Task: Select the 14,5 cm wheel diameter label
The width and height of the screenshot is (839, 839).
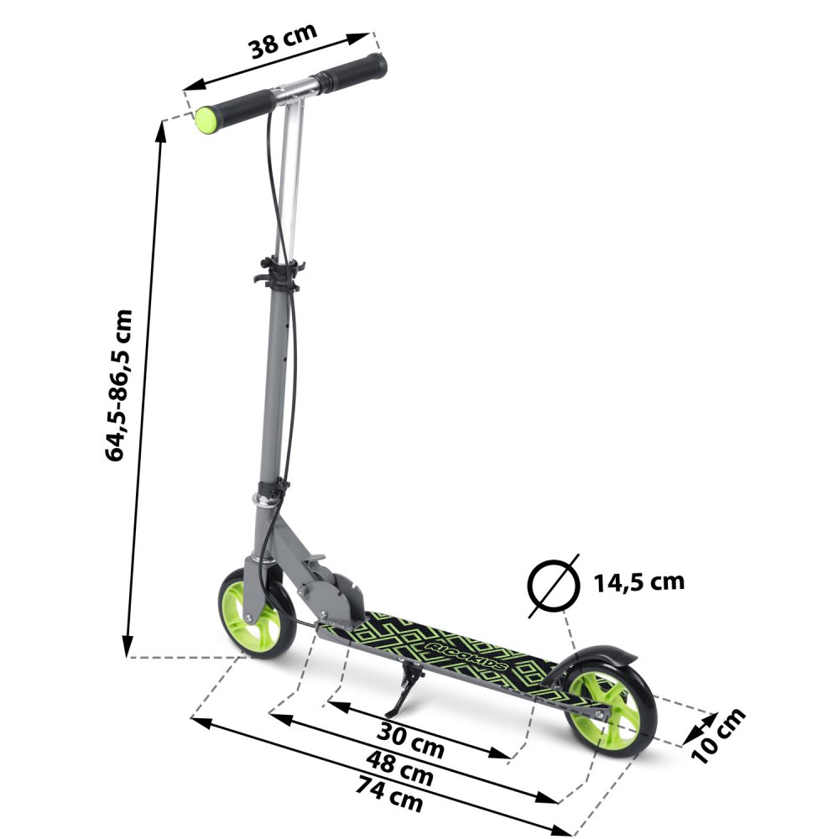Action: tap(638, 581)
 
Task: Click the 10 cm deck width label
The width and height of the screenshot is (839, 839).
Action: tap(719, 736)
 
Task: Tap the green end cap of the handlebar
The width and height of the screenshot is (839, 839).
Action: tap(206, 120)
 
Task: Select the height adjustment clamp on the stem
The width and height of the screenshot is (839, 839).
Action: tap(277, 273)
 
